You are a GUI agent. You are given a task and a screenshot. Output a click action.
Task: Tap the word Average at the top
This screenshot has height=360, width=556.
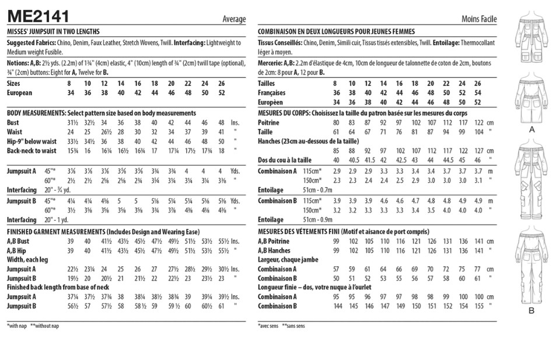coord(234,19)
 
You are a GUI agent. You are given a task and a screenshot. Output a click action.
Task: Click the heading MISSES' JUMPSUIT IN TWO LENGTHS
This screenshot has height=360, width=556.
coord(53,32)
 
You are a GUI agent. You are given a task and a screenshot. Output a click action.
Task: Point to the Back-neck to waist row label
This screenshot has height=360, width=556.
coord(32,151)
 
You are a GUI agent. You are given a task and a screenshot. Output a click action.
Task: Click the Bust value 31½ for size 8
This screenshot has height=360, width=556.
coord(72,123)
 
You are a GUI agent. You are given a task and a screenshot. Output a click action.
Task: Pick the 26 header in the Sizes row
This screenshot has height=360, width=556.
coord(221,83)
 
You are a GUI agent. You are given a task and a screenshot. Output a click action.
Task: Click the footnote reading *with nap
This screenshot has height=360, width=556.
coord(16,325)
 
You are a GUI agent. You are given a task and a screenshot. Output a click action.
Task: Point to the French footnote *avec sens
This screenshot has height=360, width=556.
coord(268,325)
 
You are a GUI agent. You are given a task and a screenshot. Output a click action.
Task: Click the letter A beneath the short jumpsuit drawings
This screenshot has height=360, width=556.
coord(531,130)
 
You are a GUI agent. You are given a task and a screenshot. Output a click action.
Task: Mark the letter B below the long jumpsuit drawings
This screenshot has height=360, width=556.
coord(531,310)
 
